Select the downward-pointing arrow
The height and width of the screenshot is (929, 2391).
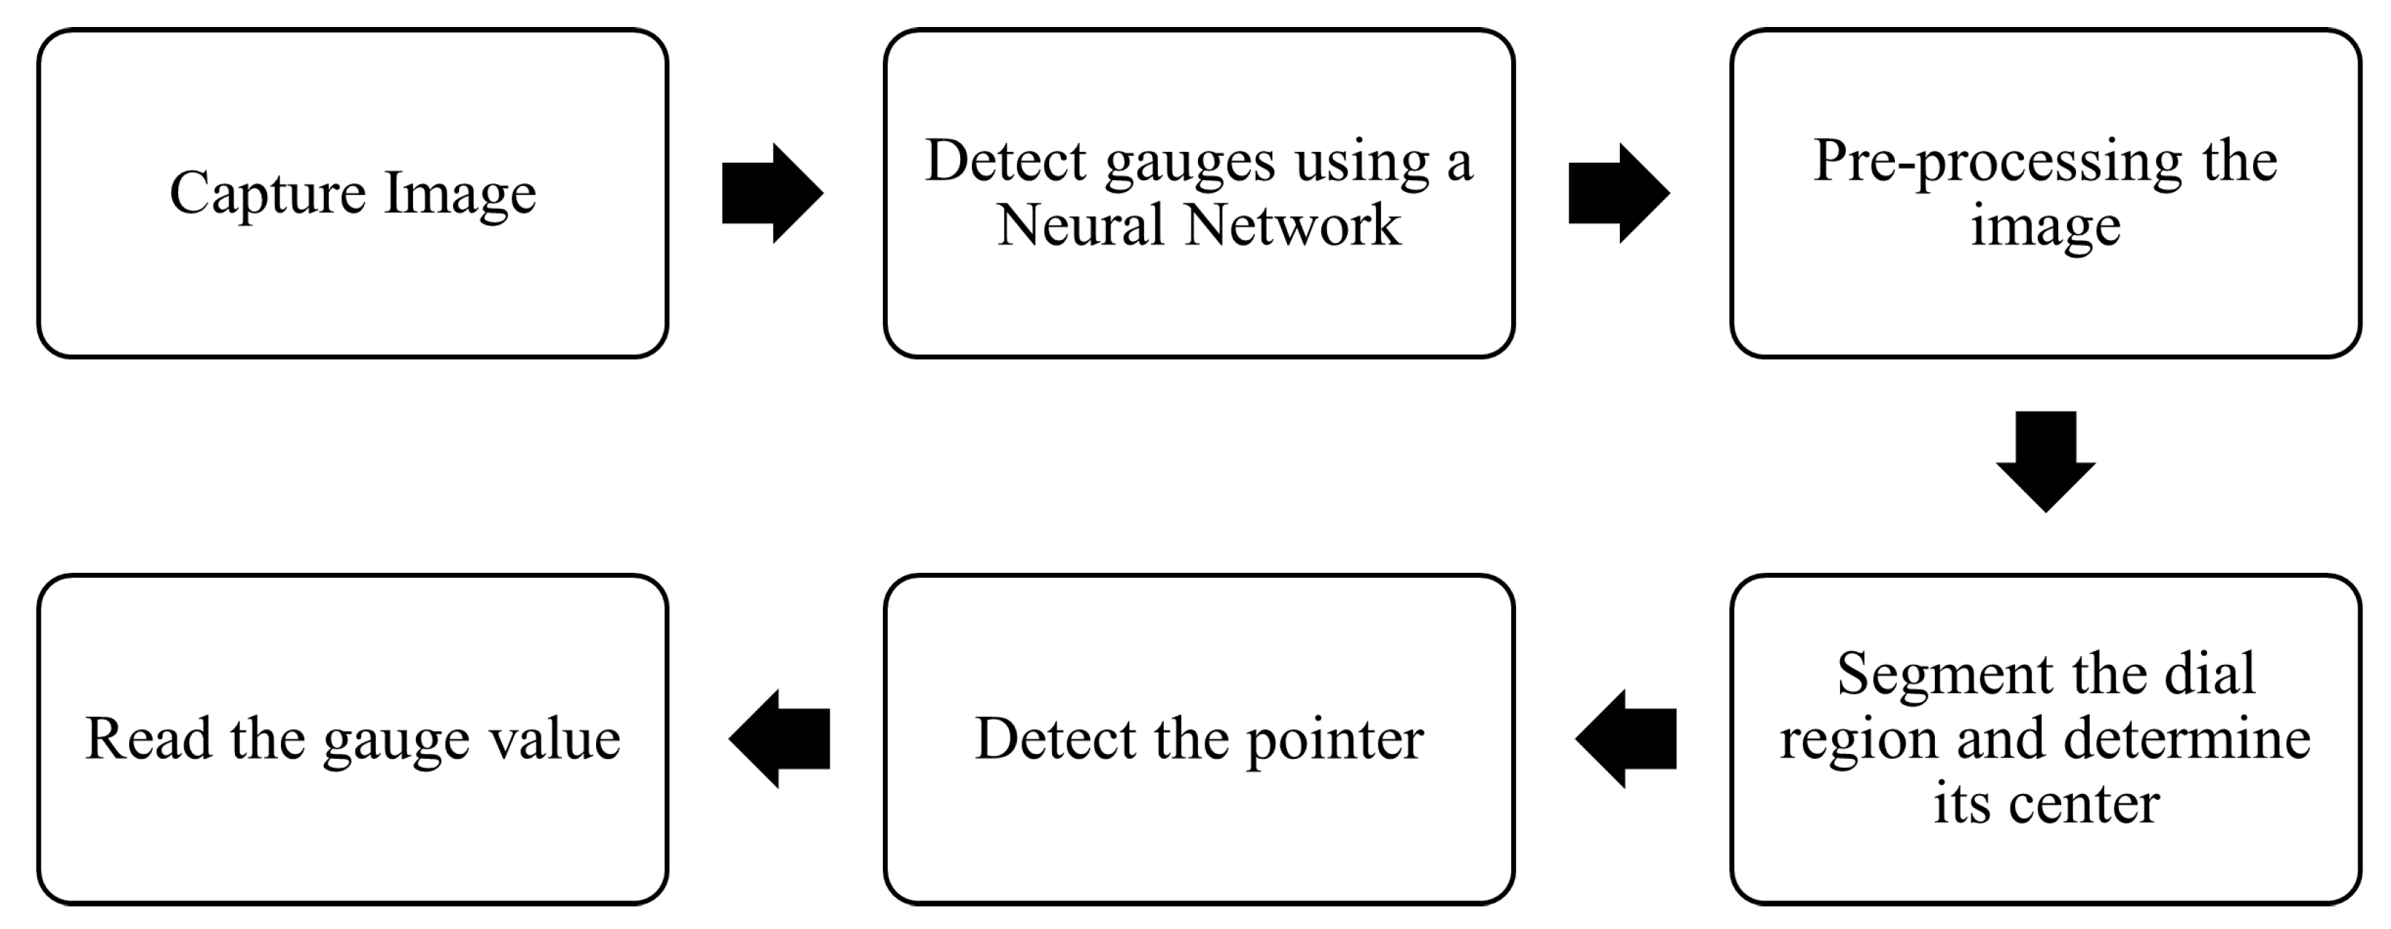pos(2046,460)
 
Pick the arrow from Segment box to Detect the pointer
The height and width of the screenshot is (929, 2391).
pos(1626,739)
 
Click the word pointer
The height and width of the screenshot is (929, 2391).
pos(1334,741)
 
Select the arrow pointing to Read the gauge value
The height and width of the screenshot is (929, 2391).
pos(780,739)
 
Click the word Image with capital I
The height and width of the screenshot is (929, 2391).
pos(460,194)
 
